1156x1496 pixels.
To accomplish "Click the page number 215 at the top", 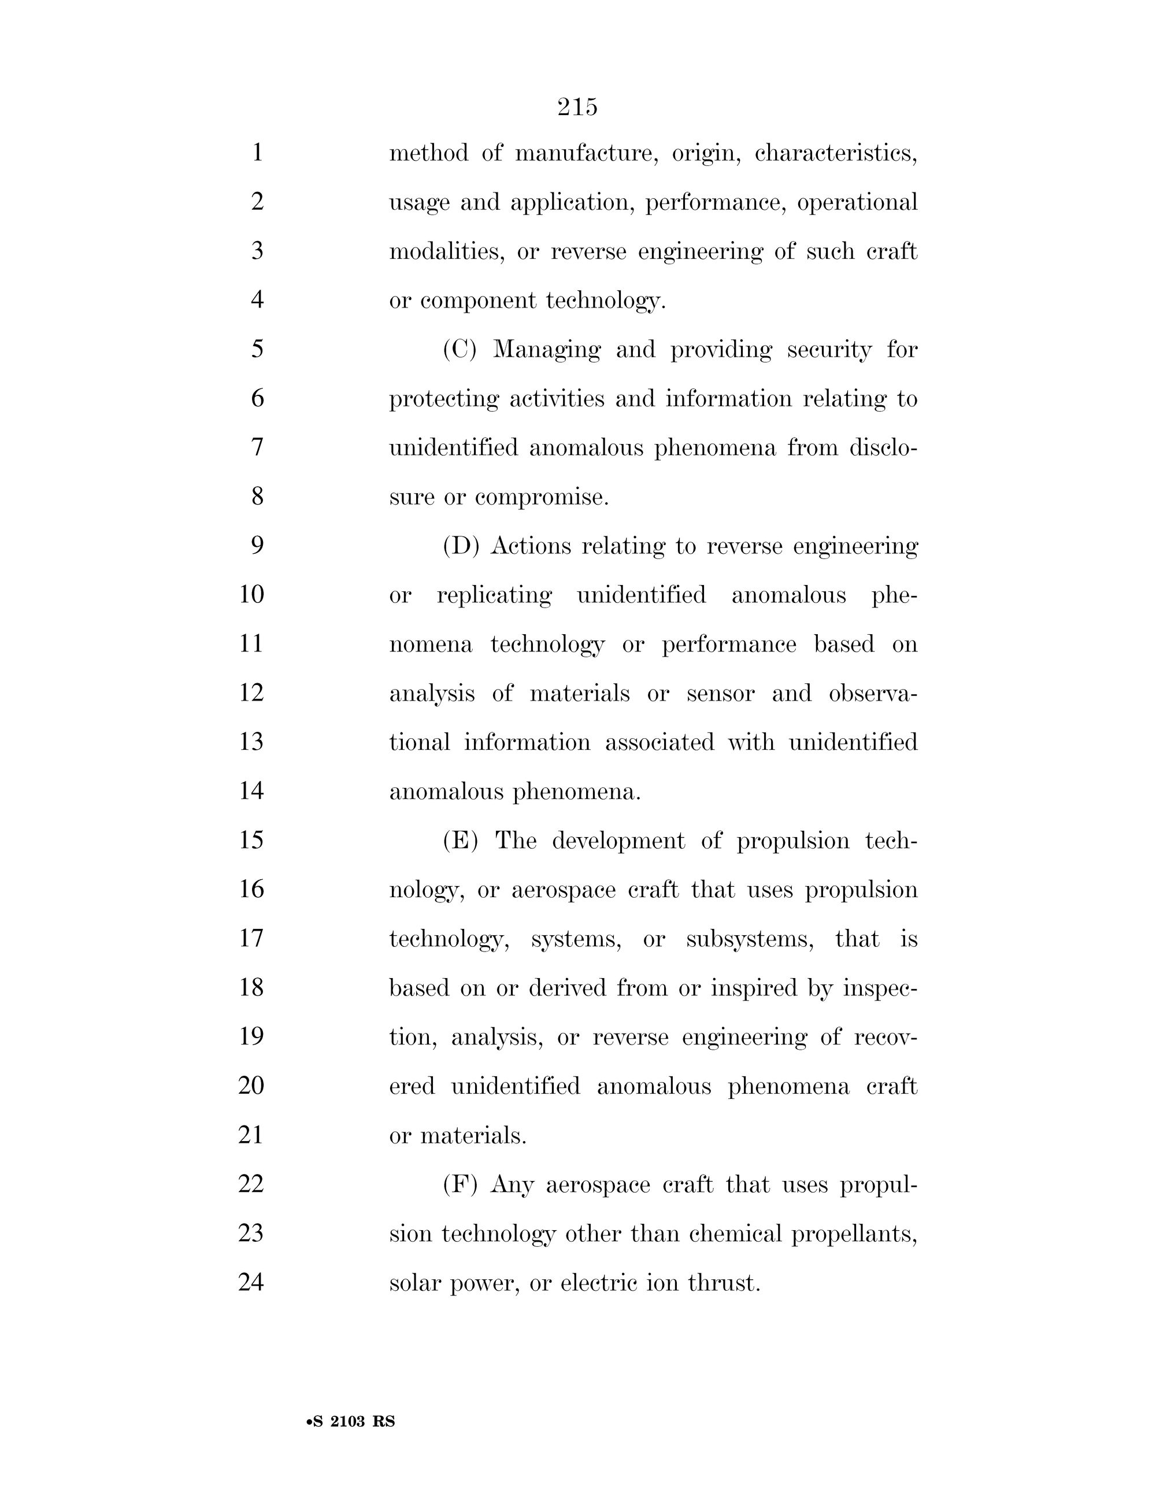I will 577,107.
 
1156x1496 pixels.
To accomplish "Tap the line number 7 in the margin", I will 257,447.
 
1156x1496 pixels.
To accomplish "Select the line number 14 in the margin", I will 251,791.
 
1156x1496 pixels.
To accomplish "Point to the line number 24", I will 251,1282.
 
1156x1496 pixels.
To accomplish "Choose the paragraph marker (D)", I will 460,546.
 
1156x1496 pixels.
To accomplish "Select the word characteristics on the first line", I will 835,153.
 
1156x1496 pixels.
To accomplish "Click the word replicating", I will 494,595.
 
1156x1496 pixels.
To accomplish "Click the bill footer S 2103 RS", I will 352,1421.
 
